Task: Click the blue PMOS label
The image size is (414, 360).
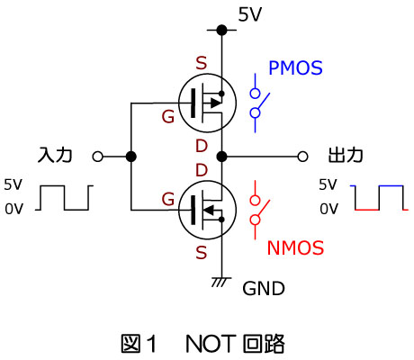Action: (295, 67)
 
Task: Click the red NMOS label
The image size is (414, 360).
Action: (295, 247)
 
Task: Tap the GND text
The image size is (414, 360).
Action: (264, 289)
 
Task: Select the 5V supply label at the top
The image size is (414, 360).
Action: (250, 14)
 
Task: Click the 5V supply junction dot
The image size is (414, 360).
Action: (221, 30)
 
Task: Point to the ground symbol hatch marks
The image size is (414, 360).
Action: (221, 283)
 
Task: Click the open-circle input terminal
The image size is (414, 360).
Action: (98, 157)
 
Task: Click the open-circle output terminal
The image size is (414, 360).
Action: (302, 157)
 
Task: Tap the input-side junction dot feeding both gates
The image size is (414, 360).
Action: (131, 157)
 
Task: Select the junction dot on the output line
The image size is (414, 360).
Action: (221, 157)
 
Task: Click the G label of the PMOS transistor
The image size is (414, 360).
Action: (168, 116)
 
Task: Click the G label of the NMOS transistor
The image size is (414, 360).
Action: (168, 199)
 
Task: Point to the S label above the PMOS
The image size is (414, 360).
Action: (202, 63)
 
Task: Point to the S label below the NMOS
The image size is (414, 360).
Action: (202, 252)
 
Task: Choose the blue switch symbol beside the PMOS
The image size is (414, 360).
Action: (258, 103)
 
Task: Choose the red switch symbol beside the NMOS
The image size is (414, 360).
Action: (258, 210)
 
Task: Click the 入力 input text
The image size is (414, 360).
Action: (55, 156)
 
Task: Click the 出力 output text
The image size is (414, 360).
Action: (346, 156)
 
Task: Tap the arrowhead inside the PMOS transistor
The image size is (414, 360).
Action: (216, 103)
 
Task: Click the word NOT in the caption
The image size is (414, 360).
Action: (210, 344)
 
